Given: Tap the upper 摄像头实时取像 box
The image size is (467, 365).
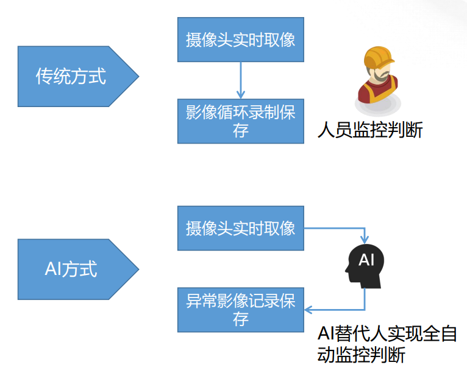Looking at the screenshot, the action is (x=241, y=40).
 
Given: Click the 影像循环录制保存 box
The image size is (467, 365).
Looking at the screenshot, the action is (x=241, y=121).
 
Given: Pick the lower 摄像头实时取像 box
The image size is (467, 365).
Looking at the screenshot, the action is (x=241, y=228).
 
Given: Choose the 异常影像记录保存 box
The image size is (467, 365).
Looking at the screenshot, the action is (x=241, y=310).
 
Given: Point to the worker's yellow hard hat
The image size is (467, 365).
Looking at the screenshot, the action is (x=379, y=57).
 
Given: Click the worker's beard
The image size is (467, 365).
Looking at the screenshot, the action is (x=382, y=77).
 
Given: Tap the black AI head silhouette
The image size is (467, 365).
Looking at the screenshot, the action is (x=365, y=266).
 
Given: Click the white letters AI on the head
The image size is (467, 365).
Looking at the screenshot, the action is (x=366, y=260).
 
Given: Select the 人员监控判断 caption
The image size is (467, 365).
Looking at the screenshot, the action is (x=370, y=130).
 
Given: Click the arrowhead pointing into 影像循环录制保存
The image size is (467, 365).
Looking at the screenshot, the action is (x=241, y=95).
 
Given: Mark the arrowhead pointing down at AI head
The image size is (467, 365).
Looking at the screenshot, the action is (x=365, y=240).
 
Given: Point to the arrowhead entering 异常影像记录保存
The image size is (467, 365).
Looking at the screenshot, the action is (x=308, y=310).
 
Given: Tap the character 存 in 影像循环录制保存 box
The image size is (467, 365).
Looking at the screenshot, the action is (x=241, y=131).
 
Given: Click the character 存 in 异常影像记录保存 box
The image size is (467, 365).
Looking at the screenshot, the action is (x=241, y=319).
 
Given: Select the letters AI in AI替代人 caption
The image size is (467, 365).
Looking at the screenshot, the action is (x=326, y=333).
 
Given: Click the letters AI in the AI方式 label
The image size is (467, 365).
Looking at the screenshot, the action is (x=53, y=269).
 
